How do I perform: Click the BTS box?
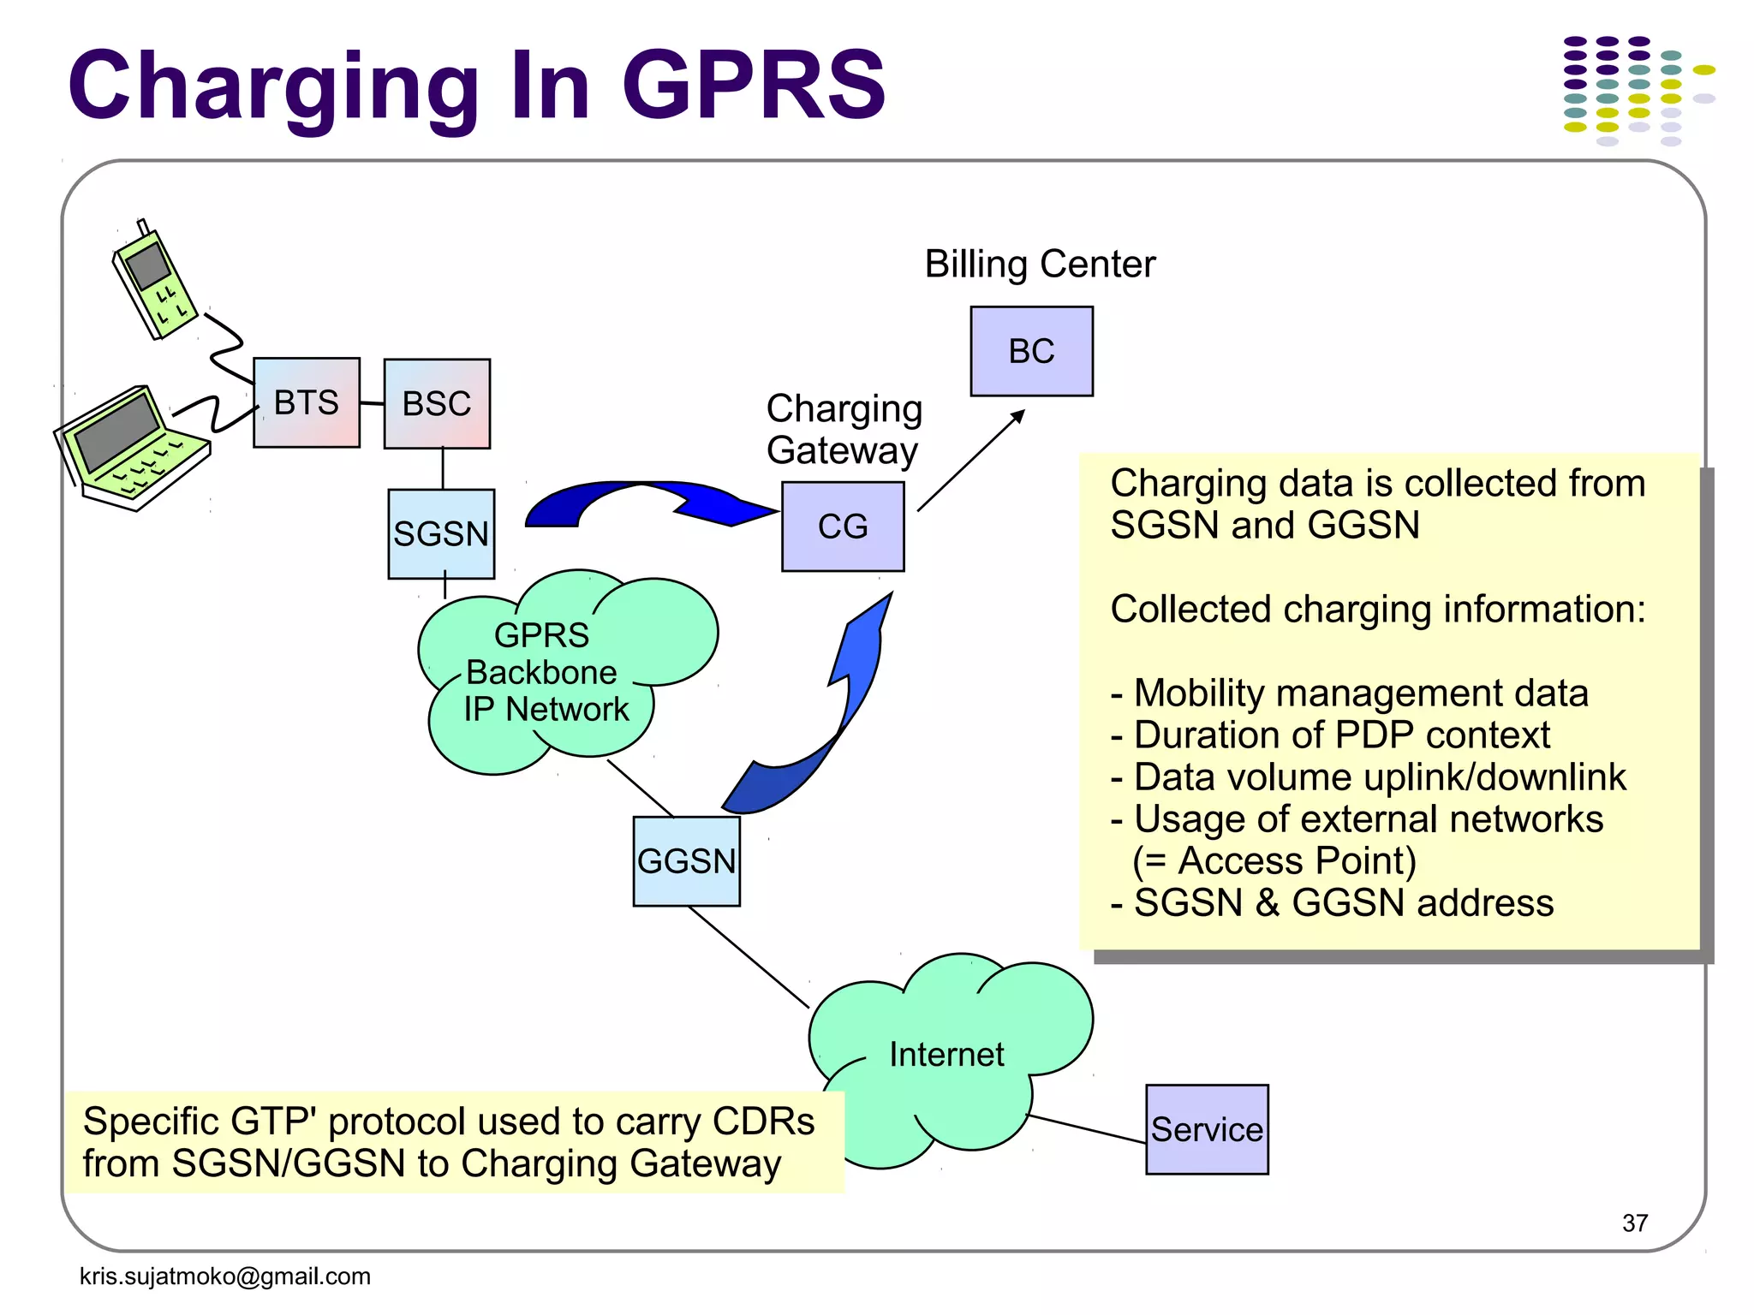point(306,402)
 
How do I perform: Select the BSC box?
point(437,403)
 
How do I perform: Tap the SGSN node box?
point(441,534)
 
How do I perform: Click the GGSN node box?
point(686,861)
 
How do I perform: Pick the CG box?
point(843,527)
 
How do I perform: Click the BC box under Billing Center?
point(1031,351)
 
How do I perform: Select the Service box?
point(1207,1129)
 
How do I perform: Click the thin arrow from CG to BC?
point(969,461)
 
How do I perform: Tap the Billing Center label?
point(1040,264)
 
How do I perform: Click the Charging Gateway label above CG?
point(844,430)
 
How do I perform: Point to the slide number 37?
point(1634,1223)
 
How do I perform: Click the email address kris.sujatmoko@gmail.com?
point(224,1276)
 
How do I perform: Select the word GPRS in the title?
point(754,86)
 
